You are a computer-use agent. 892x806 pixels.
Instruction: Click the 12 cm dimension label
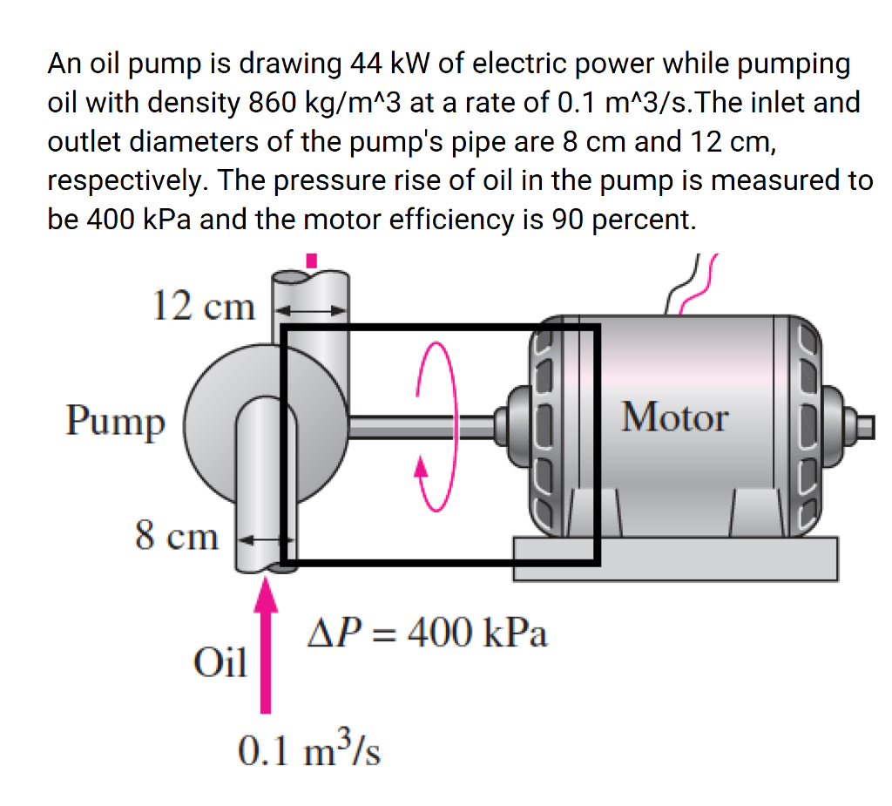203,306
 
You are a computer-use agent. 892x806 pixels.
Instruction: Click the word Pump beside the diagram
115,422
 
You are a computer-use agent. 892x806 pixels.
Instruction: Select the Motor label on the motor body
674,417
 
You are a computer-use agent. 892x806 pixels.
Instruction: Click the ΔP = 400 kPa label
427,633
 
